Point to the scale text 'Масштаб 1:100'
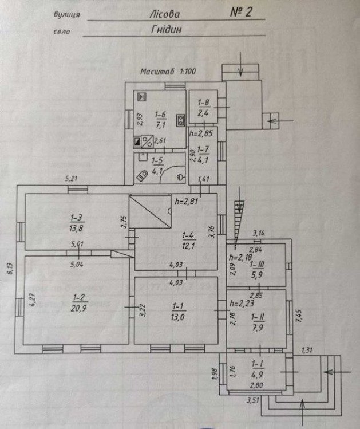click(168, 72)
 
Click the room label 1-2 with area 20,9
click(78, 302)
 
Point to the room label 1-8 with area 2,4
click(204, 108)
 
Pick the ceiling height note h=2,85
click(201, 133)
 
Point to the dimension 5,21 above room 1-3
click(72, 179)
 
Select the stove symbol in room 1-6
click(180, 120)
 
